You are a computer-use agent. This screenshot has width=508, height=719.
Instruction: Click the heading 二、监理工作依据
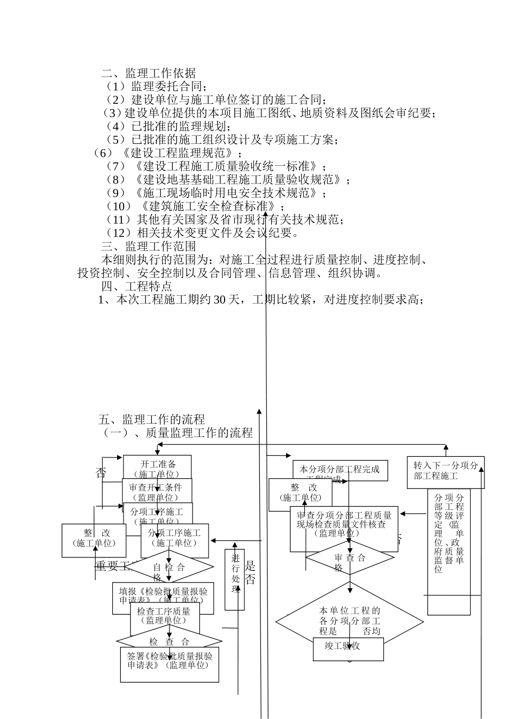pyautogui.click(x=149, y=73)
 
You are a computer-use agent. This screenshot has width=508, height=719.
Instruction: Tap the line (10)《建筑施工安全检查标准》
pyautogui.click(x=195, y=206)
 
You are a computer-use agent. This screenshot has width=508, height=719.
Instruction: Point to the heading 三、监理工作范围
pyautogui.click(x=149, y=247)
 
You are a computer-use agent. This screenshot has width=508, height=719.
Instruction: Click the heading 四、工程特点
pyautogui.click(x=137, y=287)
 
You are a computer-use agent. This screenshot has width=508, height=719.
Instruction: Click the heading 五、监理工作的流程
pyautogui.click(x=152, y=419)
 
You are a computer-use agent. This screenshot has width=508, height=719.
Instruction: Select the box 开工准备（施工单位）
pyautogui.click(x=157, y=466)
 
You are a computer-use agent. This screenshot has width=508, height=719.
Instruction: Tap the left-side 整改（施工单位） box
pyautogui.click(x=94, y=538)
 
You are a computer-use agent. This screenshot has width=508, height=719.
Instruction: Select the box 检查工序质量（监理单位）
pyautogui.click(x=164, y=616)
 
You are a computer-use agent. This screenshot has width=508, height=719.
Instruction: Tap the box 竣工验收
pyautogui.click(x=348, y=646)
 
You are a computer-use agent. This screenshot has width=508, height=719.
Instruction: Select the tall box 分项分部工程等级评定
pyautogui.click(x=449, y=551)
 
